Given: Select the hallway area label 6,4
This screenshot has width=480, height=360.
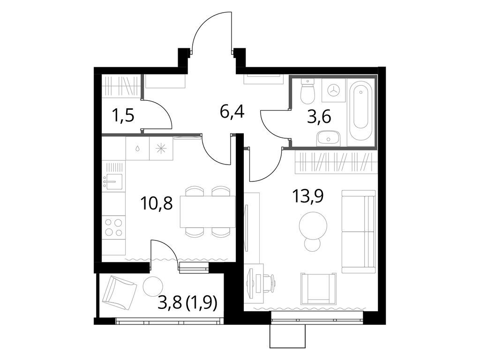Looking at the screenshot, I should pyautogui.click(x=232, y=113).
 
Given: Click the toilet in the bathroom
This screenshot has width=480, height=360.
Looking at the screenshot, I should pyautogui.click(x=307, y=91).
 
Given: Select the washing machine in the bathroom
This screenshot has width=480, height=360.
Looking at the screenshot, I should pyautogui.click(x=334, y=90).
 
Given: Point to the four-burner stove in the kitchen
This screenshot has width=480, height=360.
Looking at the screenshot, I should pyautogui.click(x=113, y=227).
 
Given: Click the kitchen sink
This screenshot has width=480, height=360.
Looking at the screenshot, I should pyautogui.click(x=113, y=181).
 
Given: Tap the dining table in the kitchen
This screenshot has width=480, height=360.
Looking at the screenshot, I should pyautogui.click(x=208, y=212).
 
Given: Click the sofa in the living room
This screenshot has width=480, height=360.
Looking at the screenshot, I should pyautogui.click(x=359, y=232).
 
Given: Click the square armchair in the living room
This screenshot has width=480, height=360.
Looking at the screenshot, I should pyautogui.click(x=318, y=287).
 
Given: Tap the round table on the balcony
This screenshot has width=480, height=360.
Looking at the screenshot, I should pyautogui.click(x=152, y=286).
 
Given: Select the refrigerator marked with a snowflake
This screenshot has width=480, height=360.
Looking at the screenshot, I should pyautogui.click(x=161, y=148).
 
